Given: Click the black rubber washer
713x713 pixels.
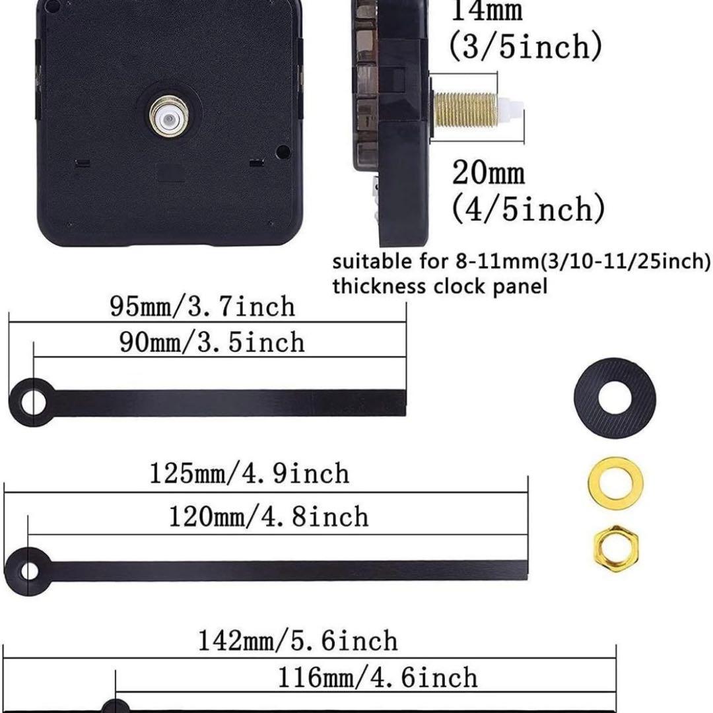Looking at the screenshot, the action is pos(615,398).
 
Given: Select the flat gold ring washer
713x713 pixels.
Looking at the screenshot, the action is pos(615,483).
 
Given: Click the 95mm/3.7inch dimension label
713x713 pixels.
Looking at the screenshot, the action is pos(203,306).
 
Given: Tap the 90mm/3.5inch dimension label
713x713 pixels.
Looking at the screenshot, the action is pos(212,342).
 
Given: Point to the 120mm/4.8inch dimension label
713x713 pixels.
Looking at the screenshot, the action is pos(268,516).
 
